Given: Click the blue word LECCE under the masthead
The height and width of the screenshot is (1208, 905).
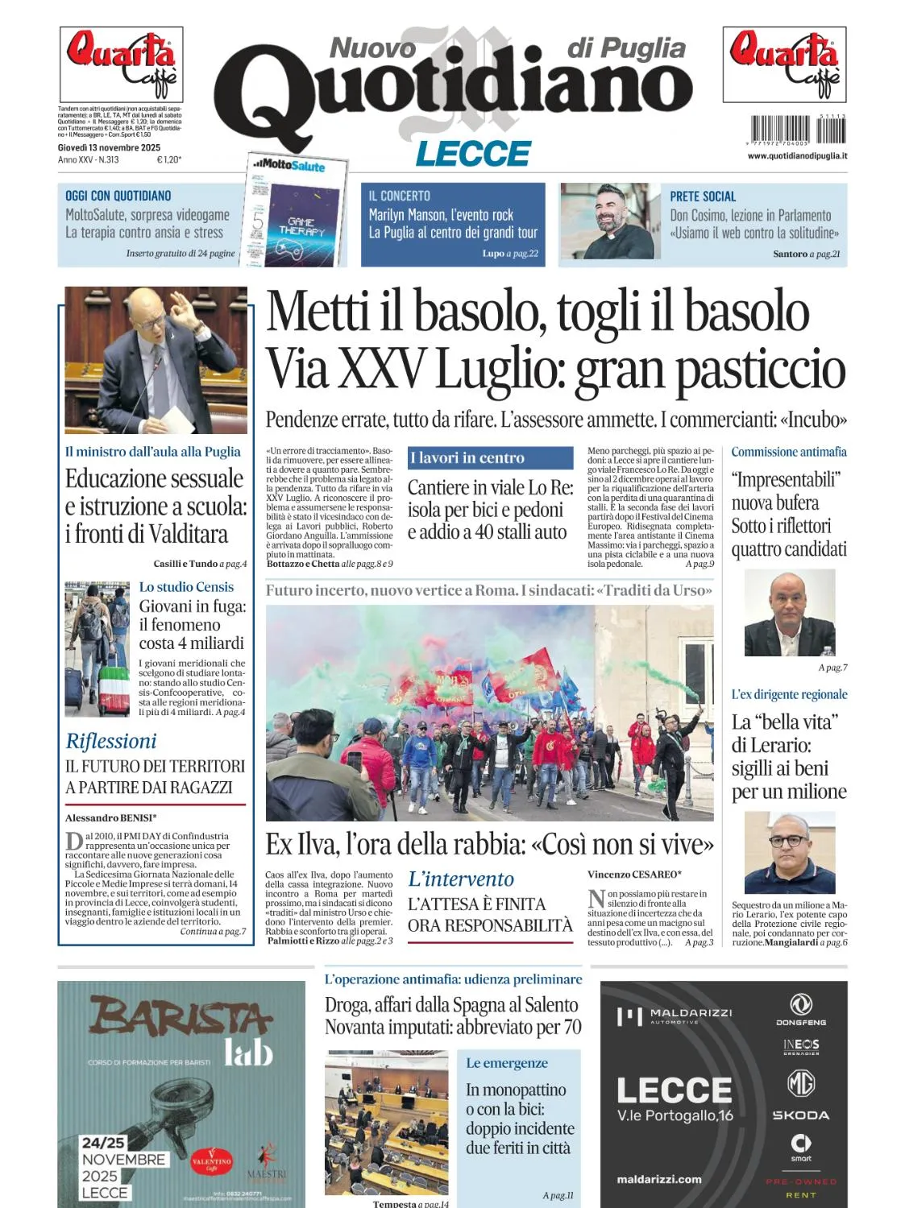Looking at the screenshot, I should click(x=473, y=153).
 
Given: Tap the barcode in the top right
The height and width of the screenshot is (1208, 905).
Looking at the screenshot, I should click(x=797, y=130).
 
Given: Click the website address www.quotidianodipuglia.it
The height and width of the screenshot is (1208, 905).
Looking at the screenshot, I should click(x=797, y=155).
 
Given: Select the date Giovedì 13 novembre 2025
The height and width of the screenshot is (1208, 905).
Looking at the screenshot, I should click(x=109, y=147).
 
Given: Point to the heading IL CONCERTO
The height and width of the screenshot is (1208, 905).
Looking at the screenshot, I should click(x=400, y=196).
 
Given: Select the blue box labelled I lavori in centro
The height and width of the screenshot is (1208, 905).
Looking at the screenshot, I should click(x=490, y=457).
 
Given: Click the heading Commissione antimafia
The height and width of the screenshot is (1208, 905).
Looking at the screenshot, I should click(x=788, y=452).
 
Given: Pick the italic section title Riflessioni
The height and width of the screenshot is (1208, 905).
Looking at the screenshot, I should click(x=111, y=741).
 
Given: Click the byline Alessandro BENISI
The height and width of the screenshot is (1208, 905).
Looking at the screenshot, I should click(x=110, y=817).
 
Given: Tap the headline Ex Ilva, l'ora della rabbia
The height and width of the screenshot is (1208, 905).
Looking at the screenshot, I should click(x=489, y=844).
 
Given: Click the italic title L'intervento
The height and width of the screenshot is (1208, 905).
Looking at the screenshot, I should click(x=460, y=879).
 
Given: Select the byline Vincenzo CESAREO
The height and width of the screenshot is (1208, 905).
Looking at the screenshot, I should click(x=634, y=874).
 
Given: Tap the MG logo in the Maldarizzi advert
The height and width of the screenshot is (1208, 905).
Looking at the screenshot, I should click(x=800, y=1083).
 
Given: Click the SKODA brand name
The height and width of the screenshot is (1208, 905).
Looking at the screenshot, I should click(x=800, y=1115).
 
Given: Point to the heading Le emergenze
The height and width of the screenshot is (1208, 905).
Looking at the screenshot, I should click(x=506, y=1063).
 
